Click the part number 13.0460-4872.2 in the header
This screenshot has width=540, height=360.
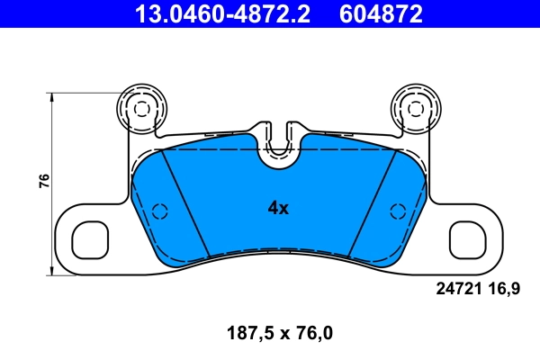tap(224, 13)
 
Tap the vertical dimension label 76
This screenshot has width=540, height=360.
tap(43, 180)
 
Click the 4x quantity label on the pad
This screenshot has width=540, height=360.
tap(278, 208)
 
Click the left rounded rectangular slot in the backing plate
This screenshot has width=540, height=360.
tap(90, 240)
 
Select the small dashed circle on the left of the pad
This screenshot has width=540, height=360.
tap(160, 211)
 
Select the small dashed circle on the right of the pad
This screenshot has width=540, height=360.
tap(396, 211)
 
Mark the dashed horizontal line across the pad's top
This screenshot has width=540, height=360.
tap(216, 149)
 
